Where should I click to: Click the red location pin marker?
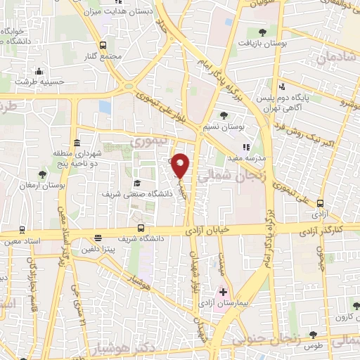click(181, 165)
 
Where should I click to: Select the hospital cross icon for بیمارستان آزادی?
click(224, 291)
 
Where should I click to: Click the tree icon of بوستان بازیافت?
click(263, 32)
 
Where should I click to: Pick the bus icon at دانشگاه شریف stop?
click(141, 228)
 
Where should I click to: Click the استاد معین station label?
click(22, 241)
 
